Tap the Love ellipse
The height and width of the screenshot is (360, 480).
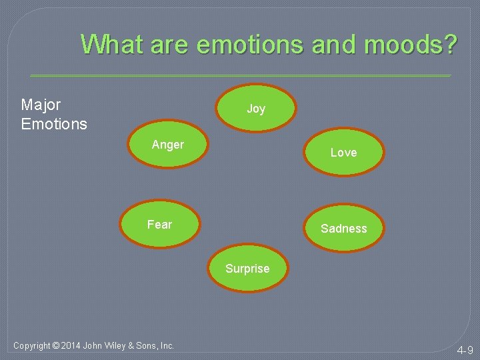tap(343, 153)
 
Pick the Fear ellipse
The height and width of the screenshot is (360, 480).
tap(160, 225)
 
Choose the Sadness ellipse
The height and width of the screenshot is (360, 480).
tap(343, 228)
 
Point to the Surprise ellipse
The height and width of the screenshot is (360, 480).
tap(247, 269)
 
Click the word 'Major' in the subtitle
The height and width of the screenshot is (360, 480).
tap(41, 105)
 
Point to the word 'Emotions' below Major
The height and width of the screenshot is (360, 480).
tap(54, 124)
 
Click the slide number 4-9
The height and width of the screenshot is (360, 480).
tap(465, 350)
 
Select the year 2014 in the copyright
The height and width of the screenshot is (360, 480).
tap(70, 345)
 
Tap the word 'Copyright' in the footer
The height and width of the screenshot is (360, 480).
tap(31, 345)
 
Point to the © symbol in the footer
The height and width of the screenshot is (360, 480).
tap(55, 345)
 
